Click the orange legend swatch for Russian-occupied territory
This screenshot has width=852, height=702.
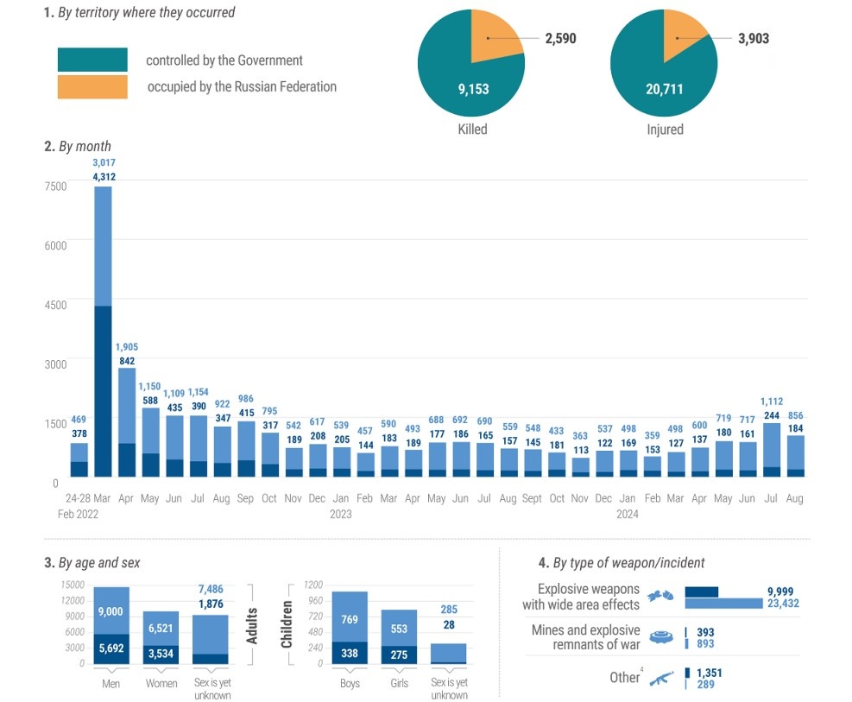tap(92, 86)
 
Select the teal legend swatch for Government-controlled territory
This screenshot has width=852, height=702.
tap(92, 60)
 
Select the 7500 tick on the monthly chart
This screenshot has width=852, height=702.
tap(54, 187)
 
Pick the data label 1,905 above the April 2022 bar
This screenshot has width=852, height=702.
tap(127, 347)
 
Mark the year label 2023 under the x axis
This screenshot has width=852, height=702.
tap(341, 515)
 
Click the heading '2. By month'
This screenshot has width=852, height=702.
tap(77, 146)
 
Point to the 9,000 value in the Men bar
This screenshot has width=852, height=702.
tap(110, 611)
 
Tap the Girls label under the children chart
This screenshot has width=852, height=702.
tap(398, 684)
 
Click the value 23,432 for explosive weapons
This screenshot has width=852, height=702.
tap(783, 604)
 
